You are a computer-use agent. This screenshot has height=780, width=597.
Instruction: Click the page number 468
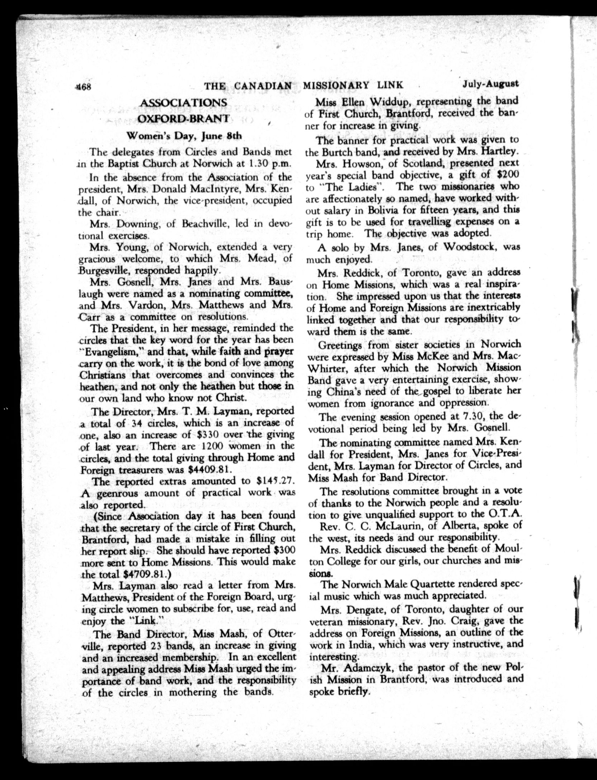coord(84,86)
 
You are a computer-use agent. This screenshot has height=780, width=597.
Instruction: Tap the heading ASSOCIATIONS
coord(184,103)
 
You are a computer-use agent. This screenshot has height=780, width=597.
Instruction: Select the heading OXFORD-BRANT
coord(184,118)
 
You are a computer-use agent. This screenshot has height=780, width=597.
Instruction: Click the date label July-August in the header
coord(490,85)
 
